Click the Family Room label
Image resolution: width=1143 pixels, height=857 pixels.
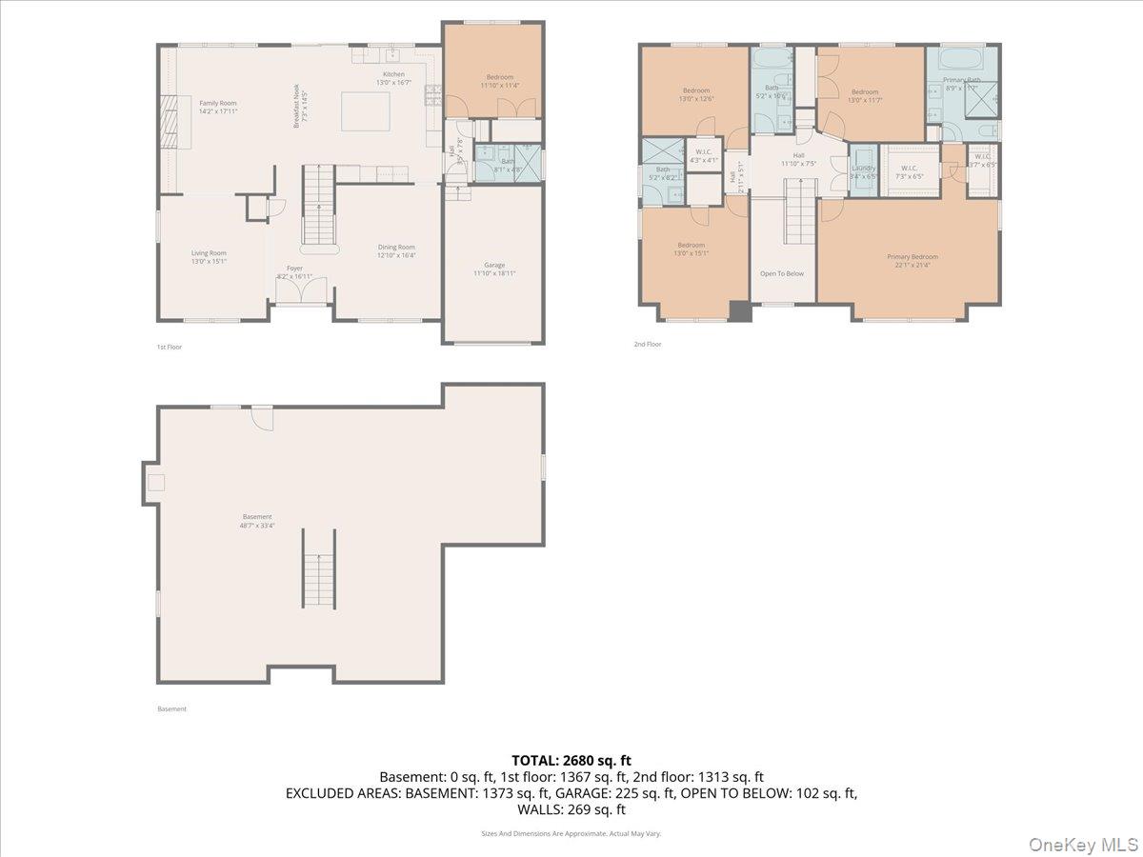(x=217, y=107)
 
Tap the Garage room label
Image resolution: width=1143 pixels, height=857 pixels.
(x=494, y=269)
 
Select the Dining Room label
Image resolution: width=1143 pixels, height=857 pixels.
(x=396, y=250)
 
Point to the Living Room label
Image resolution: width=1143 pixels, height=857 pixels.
(x=209, y=256)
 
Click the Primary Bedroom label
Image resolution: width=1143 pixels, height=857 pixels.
(x=912, y=261)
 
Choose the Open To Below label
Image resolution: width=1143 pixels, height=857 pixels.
(x=781, y=273)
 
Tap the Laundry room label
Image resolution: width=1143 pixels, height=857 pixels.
(x=863, y=171)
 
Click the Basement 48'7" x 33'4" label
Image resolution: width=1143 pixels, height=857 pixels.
(x=256, y=520)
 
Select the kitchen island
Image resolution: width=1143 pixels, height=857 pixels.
(x=368, y=110)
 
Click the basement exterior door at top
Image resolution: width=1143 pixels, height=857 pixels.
(x=262, y=417)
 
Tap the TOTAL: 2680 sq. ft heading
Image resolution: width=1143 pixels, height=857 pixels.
(x=571, y=760)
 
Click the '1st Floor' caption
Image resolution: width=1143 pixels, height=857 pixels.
(x=169, y=347)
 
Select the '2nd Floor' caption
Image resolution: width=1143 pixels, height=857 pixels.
(x=647, y=344)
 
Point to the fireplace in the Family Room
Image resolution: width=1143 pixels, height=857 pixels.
(x=168, y=122)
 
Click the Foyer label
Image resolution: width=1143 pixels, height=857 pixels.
(x=294, y=272)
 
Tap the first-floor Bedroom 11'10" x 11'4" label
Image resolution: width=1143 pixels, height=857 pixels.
(x=500, y=81)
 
